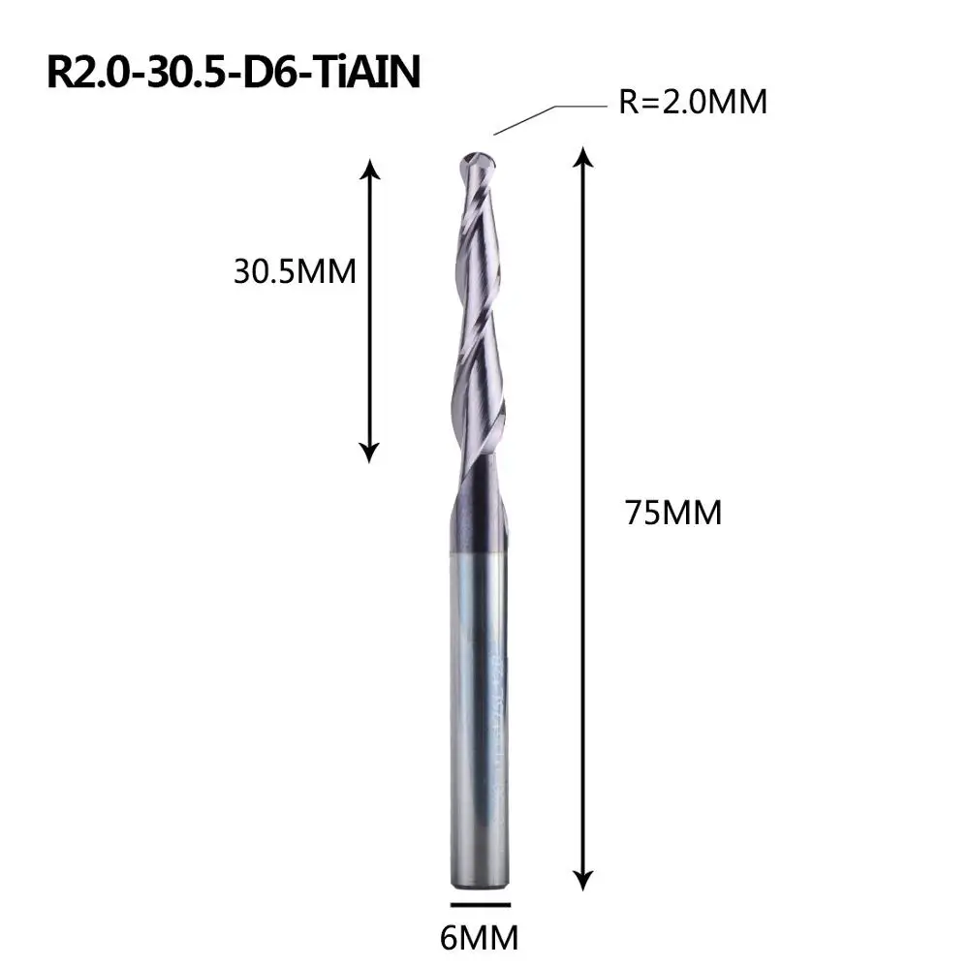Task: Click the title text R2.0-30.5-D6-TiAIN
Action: click(x=234, y=73)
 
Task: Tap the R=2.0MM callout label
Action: click(x=693, y=102)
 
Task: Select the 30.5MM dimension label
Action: click(x=295, y=271)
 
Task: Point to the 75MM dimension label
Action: click(x=673, y=513)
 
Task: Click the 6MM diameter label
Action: click(x=479, y=938)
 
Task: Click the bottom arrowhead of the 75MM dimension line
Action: click(x=582, y=880)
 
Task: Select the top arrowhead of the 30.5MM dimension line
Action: click(x=369, y=170)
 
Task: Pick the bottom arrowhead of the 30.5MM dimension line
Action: click(x=369, y=453)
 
